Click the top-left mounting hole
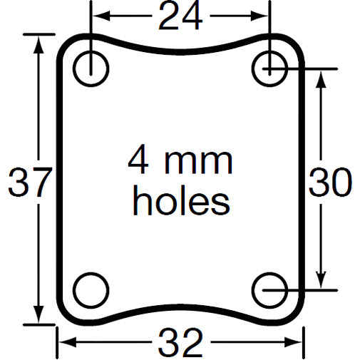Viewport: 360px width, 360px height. [90, 68]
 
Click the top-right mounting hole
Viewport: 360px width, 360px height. [270, 68]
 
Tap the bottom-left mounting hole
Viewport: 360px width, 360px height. [90, 289]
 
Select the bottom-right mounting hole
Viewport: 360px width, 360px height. [270, 289]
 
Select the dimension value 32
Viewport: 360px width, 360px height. [180, 344]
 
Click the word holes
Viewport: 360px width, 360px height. [182, 202]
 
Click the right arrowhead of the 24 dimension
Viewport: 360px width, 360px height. [263, 14]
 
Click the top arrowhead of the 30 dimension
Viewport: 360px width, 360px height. [323, 77]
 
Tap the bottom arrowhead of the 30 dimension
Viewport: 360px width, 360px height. [323, 282]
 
